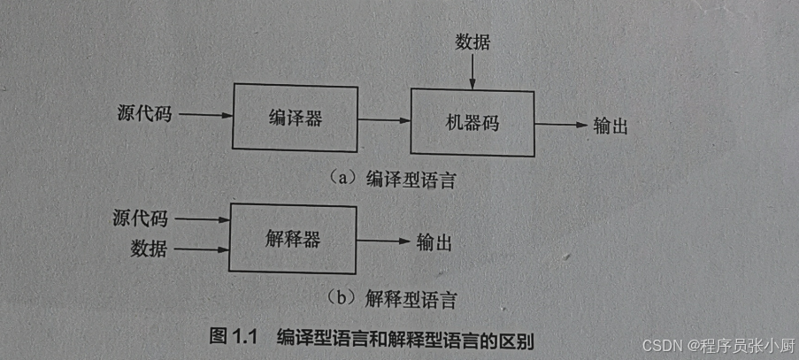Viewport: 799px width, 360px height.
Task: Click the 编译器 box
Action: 295,118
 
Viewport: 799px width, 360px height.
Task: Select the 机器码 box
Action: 472,123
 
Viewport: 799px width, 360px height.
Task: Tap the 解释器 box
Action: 291,238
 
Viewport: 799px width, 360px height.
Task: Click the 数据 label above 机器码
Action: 472,42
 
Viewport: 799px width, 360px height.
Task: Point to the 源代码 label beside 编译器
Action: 144,114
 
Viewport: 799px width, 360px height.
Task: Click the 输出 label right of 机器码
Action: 611,126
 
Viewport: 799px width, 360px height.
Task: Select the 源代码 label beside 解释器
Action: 141,218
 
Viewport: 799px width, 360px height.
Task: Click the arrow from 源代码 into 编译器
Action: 202,114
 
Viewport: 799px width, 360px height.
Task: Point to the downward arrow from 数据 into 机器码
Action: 472,71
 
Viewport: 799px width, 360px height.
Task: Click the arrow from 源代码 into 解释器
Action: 201,218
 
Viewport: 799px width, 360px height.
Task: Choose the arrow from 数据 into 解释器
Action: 201,250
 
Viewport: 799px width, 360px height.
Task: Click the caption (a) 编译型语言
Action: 396,178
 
